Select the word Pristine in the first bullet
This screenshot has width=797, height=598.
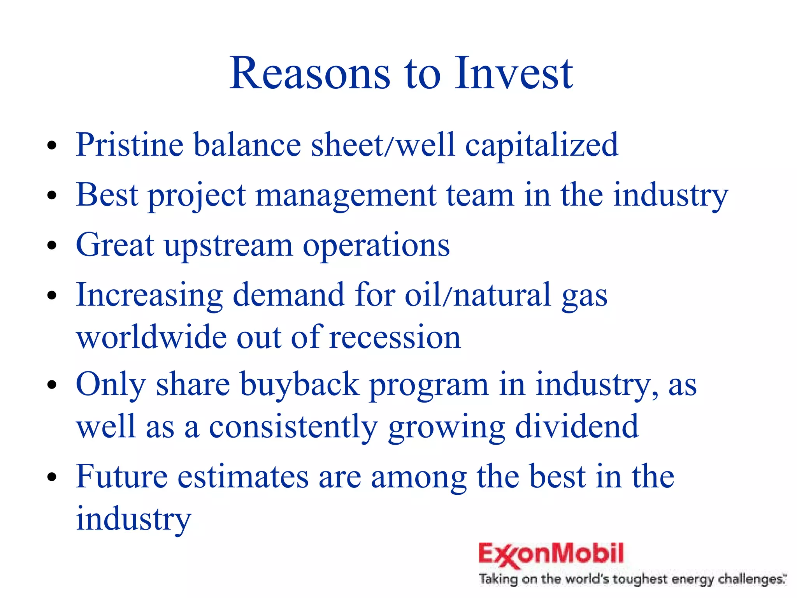point(130,145)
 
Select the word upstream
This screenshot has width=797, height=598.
point(228,246)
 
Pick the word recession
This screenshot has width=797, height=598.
point(395,337)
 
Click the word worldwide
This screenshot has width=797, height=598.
point(151,337)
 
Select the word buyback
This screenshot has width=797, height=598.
point(299,385)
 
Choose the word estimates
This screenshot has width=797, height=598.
point(243,477)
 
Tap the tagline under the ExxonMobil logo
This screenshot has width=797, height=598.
point(632,579)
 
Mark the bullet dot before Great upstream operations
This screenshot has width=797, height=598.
point(52,246)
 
